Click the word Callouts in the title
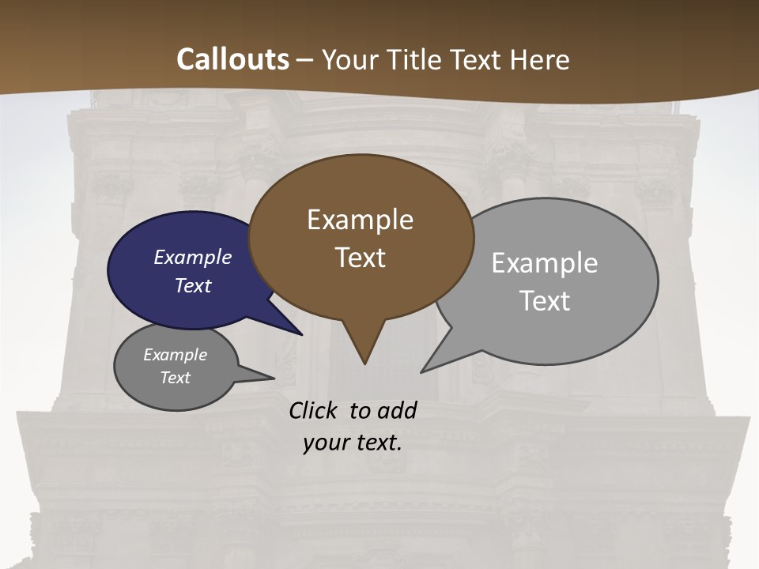coord(232,59)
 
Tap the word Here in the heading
coord(539,59)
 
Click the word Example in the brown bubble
coord(360,220)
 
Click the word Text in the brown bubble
coord(360,258)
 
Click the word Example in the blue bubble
coord(193,258)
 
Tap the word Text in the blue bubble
coord(193,285)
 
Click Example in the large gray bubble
coord(544,263)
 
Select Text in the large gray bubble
coord(544,301)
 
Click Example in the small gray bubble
coord(175,355)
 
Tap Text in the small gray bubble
coord(175,378)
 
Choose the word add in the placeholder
coord(396,410)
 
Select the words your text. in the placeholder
coord(353,443)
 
